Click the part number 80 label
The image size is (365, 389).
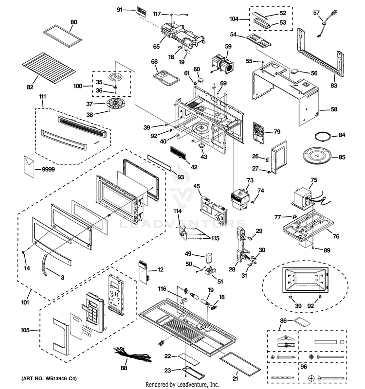coord(74,22)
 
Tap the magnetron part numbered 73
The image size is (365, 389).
coord(243,198)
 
